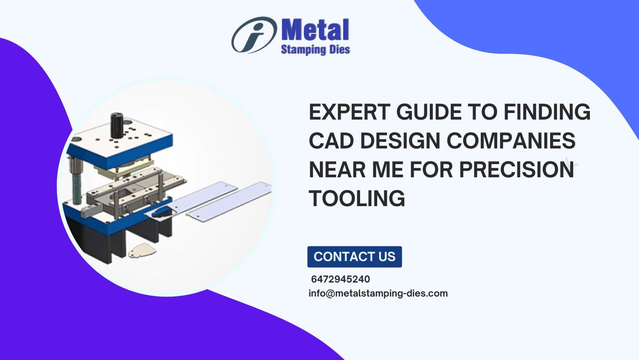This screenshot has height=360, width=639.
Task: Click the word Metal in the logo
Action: pyautogui.click(x=315, y=30)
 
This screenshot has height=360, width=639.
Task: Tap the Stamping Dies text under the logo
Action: pyautogui.click(x=316, y=50)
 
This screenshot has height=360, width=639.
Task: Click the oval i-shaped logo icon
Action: pyautogui.click(x=254, y=35)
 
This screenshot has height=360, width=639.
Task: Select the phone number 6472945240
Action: pyautogui.click(x=340, y=279)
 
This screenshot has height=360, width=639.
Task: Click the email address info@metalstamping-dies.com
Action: pyautogui.click(x=378, y=294)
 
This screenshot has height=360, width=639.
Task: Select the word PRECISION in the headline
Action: pyautogui.click(x=516, y=169)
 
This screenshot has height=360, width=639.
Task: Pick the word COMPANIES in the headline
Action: pyautogui.click(x=511, y=141)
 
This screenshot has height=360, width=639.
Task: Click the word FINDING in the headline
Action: pyautogui.click(x=547, y=112)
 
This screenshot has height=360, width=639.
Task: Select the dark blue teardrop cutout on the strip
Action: pyautogui.click(x=161, y=213)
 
